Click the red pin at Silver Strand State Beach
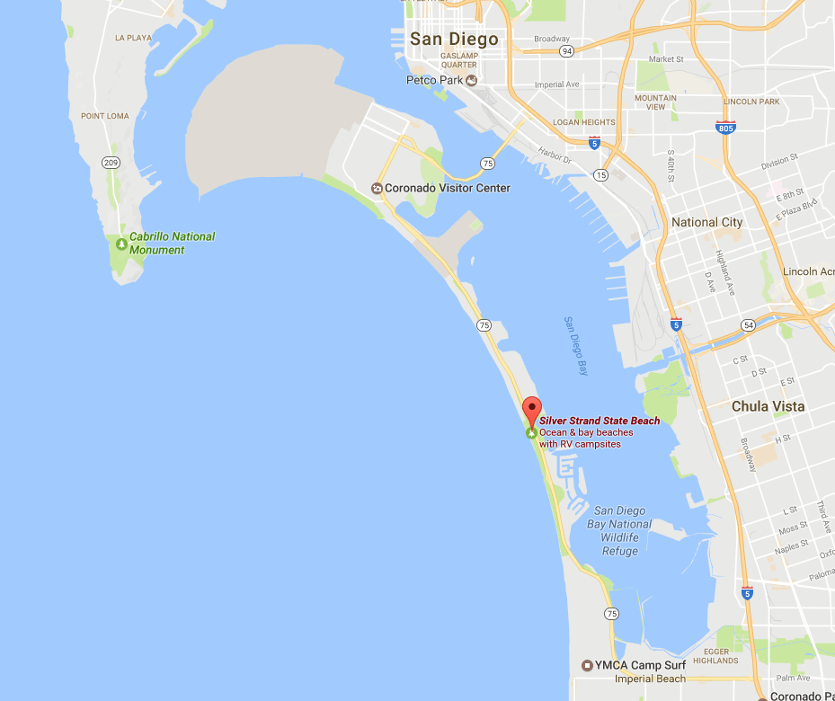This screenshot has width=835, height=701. coord(532,410)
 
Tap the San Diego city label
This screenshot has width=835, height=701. coord(453,40)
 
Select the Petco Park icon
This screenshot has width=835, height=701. coord(471,80)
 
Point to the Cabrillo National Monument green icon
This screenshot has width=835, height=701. coord(121,244)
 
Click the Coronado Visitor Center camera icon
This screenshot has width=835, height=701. coord(378,189)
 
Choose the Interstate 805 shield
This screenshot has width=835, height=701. coord(726,127)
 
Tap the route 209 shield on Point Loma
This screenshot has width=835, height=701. coord(111,163)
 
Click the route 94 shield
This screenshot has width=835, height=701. coord(566,51)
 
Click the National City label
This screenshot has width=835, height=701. coord(707,222)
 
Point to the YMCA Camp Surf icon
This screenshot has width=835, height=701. coord(587,666)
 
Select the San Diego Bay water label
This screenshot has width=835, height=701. coord(576,345)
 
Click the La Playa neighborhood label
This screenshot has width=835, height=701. coord(134,38)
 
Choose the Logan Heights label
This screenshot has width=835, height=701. coord(585,122)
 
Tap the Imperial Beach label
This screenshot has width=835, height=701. coord(650,679)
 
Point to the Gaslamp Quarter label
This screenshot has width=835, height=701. coord(458,59)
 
